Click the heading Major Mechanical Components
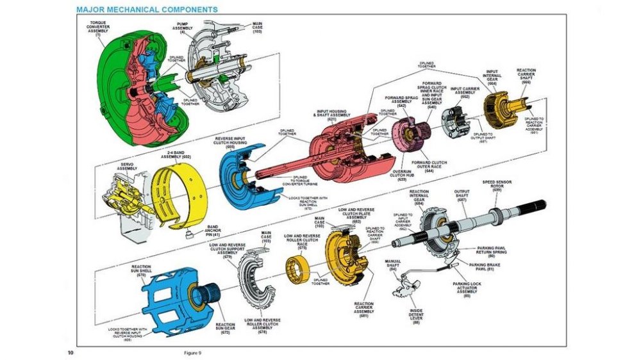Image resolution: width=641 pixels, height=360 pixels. tap(146, 10)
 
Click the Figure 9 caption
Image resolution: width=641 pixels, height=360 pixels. tap(192, 352)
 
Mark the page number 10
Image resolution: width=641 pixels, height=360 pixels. tap(71, 352)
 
